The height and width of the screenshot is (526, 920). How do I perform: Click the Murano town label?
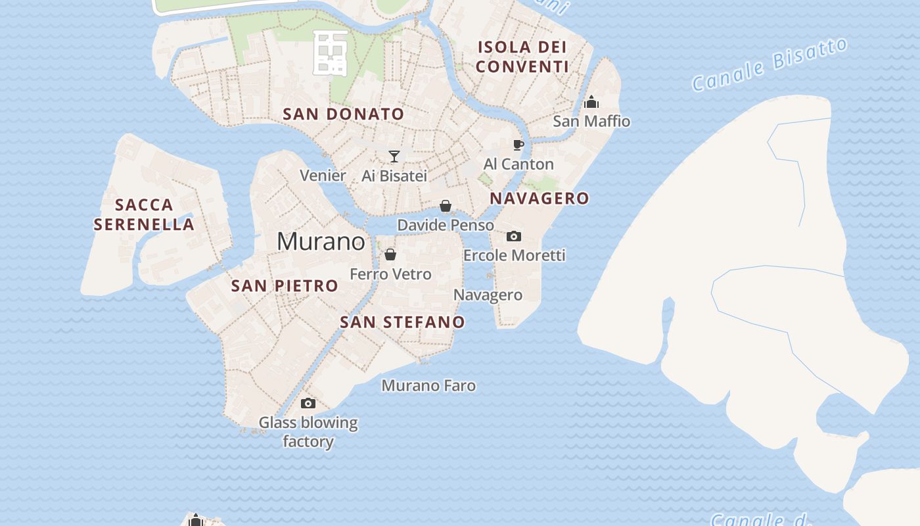(321, 241)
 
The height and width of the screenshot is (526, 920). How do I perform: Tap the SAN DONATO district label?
(343, 114)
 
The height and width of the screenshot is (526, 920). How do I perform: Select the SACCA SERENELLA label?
(144, 214)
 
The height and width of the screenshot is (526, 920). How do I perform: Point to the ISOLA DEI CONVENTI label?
(522, 57)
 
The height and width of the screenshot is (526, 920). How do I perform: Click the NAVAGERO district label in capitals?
(540, 199)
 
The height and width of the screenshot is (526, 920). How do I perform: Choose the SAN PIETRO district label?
(285, 286)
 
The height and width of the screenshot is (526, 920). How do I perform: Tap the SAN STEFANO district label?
(402, 322)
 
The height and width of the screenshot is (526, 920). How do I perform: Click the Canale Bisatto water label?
(770, 64)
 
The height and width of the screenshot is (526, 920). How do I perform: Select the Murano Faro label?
(428, 385)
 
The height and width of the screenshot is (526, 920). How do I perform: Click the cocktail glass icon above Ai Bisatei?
(394, 156)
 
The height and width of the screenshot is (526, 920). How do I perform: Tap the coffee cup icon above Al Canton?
(518, 145)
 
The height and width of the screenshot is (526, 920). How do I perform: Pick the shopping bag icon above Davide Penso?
(446, 206)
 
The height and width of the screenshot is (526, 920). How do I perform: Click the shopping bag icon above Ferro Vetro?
(390, 254)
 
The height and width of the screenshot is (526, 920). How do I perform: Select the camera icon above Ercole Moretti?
(514, 236)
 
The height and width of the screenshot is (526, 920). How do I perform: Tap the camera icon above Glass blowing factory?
(308, 403)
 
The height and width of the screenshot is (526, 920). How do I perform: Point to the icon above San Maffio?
(591, 102)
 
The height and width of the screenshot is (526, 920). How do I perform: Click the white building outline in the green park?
(331, 51)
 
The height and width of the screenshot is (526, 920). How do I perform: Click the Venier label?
(323, 176)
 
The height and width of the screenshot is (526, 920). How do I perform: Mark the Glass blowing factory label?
(308, 431)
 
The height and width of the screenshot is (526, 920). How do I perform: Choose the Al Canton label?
(518, 164)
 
